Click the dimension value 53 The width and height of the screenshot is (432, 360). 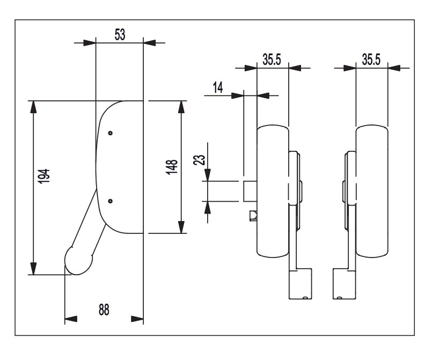coord(120,35)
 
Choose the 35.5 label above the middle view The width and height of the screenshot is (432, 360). coord(272,59)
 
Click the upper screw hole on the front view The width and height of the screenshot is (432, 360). coord(110,133)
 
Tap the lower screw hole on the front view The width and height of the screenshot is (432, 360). coord(110,201)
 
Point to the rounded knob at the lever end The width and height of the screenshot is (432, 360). coord(79,260)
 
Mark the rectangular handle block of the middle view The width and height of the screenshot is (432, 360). coord(301,283)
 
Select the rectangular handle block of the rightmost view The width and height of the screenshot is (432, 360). coord(345,283)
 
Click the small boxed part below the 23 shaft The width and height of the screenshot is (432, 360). coord(253,216)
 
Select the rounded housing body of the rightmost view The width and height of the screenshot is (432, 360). coord(371,190)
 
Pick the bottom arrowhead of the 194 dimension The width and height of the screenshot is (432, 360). coord(34,269)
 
